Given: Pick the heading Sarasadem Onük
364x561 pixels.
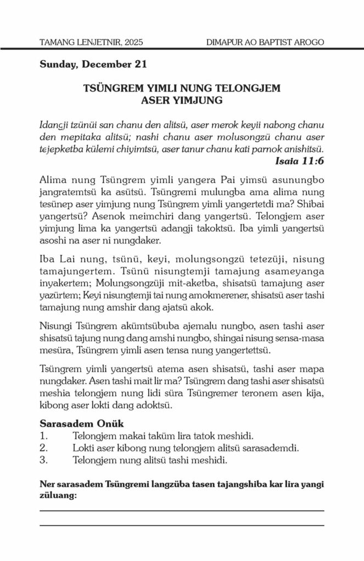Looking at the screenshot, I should (81, 424).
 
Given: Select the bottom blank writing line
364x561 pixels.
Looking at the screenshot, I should (182, 525).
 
